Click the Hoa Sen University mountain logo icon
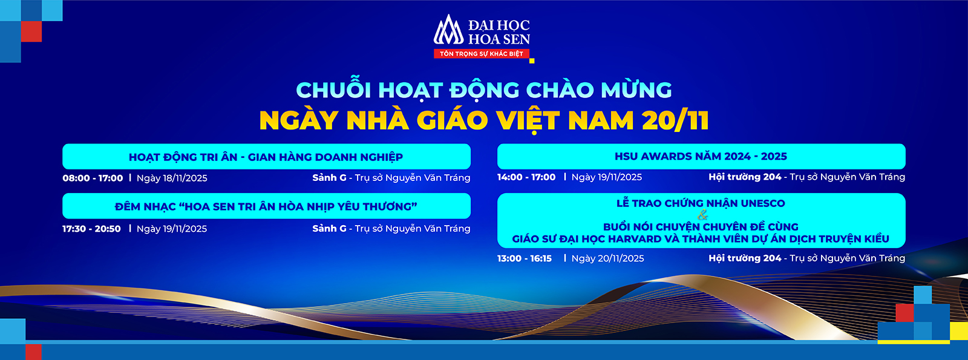(448, 30)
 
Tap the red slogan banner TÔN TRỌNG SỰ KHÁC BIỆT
(482, 54)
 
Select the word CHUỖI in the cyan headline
(333, 90)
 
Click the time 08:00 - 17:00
(93, 178)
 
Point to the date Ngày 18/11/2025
(172, 178)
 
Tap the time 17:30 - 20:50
(91, 229)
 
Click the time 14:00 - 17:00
(526, 177)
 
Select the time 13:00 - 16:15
(525, 258)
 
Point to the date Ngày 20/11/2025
(607, 258)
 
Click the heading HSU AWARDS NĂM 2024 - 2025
(701, 156)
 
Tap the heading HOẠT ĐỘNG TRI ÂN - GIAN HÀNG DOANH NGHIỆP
(266, 157)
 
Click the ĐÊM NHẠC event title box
(266, 206)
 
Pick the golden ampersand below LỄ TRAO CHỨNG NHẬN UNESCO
(702, 214)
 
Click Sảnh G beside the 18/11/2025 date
(329, 177)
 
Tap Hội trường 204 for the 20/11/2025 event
(745, 258)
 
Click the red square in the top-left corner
(31, 31)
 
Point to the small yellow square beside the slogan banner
(532, 61)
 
